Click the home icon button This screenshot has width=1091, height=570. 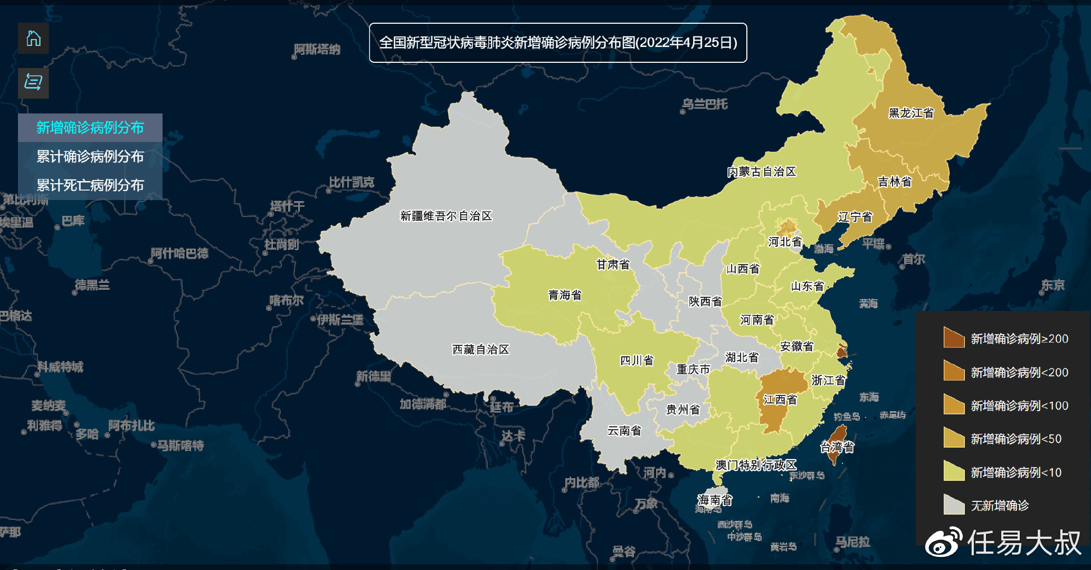pyautogui.click(x=33, y=39)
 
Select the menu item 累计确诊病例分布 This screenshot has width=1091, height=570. pyautogui.click(x=90, y=157)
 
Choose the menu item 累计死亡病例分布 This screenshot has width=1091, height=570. pyautogui.click(x=90, y=185)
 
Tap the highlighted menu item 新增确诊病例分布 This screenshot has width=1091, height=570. pyautogui.click(x=90, y=128)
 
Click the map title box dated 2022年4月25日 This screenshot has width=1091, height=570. pyautogui.click(x=558, y=43)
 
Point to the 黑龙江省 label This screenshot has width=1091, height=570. pyautogui.click(x=911, y=113)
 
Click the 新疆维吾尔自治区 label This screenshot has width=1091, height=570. pyautogui.click(x=446, y=216)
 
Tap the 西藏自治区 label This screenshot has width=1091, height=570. pyautogui.click(x=480, y=349)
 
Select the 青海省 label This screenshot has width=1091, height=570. pyautogui.click(x=565, y=295)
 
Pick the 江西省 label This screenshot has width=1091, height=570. pyautogui.click(x=780, y=400)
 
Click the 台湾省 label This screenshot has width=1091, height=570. pyautogui.click(x=837, y=448)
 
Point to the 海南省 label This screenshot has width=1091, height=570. pyautogui.click(x=715, y=499)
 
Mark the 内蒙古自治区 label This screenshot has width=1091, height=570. pyautogui.click(x=761, y=172)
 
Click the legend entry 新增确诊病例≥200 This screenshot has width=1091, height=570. pyautogui.click(x=1019, y=339)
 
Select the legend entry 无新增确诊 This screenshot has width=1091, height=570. pyautogui.click(x=1000, y=506)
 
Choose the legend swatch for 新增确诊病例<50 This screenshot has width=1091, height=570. pyautogui.click(x=954, y=438)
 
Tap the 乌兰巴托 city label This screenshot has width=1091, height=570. pyautogui.click(x=705, y=104)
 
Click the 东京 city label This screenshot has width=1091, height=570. pyautogui.click(x=1052, y=286)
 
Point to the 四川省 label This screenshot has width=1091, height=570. pyautogui.click(x=637, y=360)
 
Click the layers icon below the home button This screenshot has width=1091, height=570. pyautogui.click(x=33, y=83)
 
